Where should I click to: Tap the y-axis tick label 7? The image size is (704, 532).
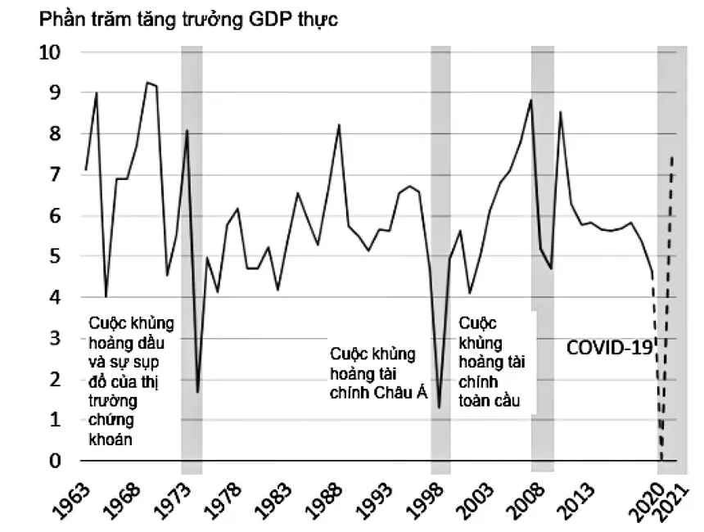click(x=52, y=175)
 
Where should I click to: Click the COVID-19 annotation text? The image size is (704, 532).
click(x=610, y=347)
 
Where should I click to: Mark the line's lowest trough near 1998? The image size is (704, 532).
click(x=440, y=408)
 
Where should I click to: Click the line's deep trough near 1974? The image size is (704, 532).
click(x=197, y=392)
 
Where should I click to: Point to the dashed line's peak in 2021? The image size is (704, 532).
click(x=672, y=156)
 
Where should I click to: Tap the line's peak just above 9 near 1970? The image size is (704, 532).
click(x=147, y=83)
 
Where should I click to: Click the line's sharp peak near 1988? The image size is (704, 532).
click(x=338, y=125)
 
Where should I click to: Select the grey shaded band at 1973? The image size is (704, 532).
click(x=192, y=246)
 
